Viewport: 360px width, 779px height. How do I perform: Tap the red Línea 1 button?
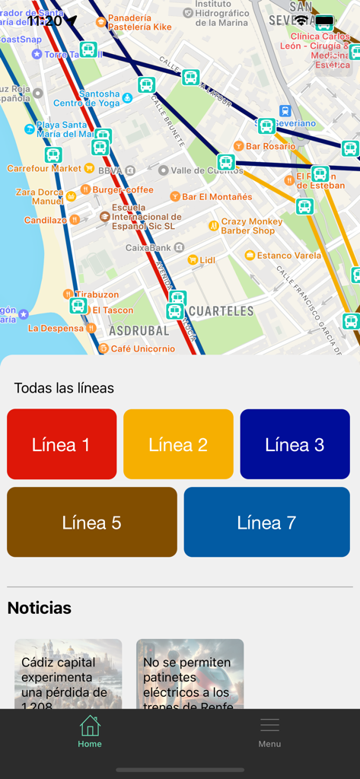click(x=62, y=444)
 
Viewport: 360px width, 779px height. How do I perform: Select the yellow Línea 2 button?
click(x=178, y=444)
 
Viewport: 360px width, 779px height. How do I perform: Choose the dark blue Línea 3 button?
click(x=295, y=444)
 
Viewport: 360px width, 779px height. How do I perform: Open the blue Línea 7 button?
click(x=266, y=523)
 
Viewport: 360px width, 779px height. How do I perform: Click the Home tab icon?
click(x=90, y=727)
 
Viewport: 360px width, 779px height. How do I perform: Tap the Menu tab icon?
click(x=269, y=727)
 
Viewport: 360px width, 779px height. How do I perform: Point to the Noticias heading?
click(x=40, y=608)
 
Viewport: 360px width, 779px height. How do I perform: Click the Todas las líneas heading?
click(x=64, y=388)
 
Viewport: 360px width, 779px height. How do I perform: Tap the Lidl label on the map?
click(x=207, y=260)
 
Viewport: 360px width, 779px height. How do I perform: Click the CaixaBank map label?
click(x=148, y=247)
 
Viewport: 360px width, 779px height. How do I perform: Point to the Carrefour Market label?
click(x=44, y=168)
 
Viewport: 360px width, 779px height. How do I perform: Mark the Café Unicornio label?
click(x=141, y=348)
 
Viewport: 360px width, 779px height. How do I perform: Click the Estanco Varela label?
click(x=288, y=256)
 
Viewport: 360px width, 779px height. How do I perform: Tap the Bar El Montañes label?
click(x=216, y=197)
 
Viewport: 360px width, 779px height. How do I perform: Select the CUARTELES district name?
click(x=221, y=311)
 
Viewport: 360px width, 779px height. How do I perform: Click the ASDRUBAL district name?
click(x=139, y=331)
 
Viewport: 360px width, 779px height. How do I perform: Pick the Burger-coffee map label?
click(x=123, y=189)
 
